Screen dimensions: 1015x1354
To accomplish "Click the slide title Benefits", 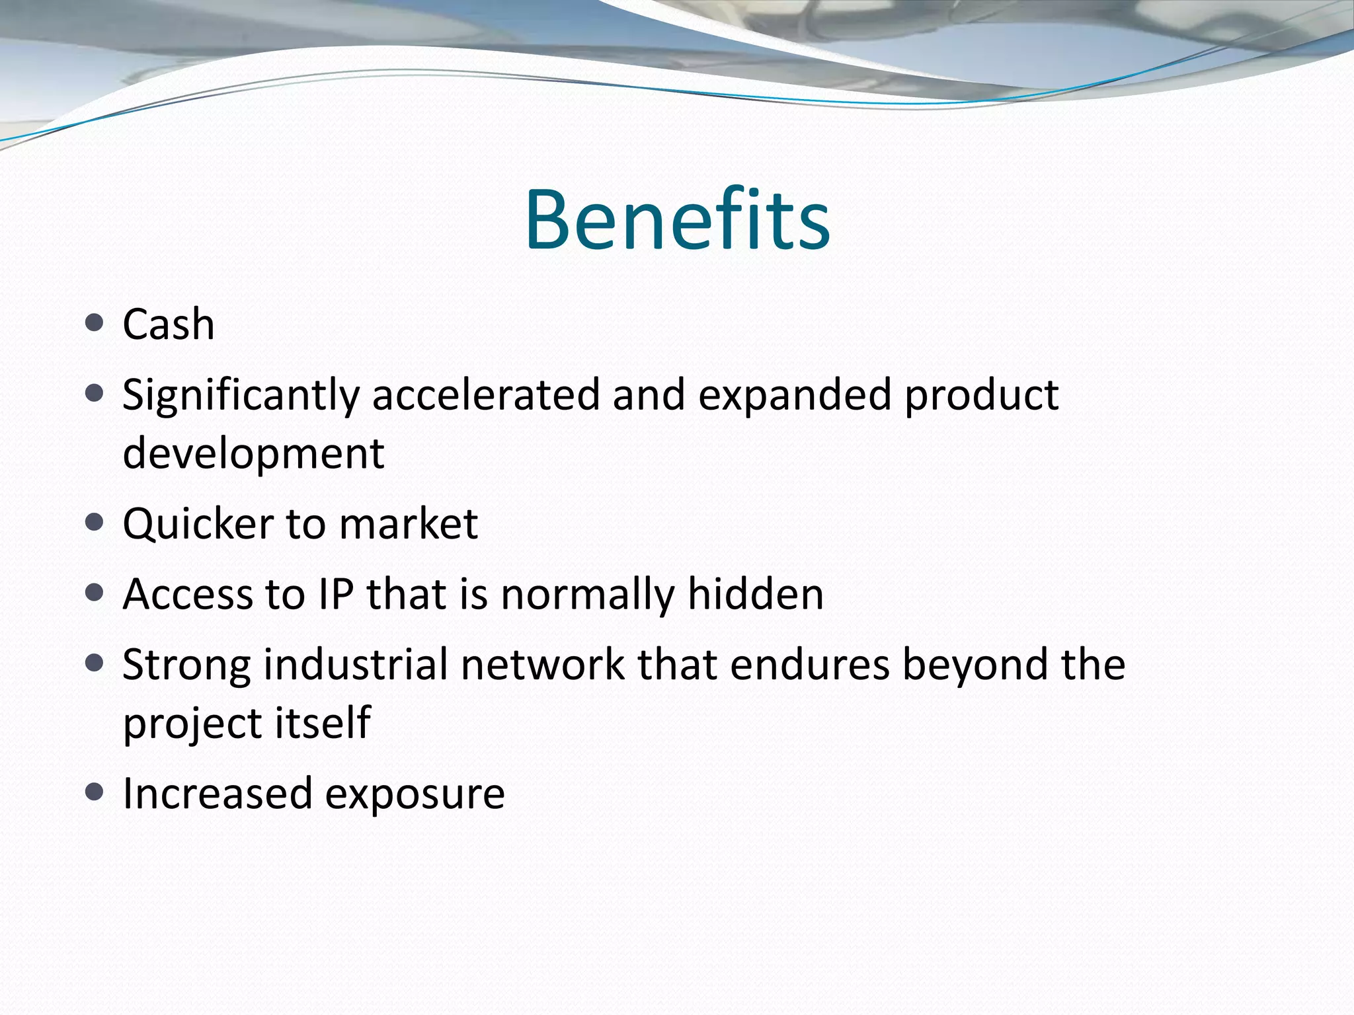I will (x=677, y=219).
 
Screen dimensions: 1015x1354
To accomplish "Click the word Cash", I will (x=169, y=324).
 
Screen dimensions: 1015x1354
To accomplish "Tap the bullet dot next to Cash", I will (x=95, y=323).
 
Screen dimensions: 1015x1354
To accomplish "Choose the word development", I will (x=253, y=455).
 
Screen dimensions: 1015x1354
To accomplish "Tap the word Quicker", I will (x=198, y=524).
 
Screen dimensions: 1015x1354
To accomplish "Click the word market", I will (x=408, y=524).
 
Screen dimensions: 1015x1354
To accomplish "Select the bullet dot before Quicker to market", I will (x=95, y=523).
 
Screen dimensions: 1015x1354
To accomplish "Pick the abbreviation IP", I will (x=336, y=593).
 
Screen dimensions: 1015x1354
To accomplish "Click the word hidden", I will (x=756, y=593).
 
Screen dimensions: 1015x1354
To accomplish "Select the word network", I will (x=543, y=663).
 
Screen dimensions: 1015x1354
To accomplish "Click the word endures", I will (x=810, y=663).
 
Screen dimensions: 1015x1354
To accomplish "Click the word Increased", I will (x=218, y=793).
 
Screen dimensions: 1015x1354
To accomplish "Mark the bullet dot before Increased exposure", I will (x=95, y=792).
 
